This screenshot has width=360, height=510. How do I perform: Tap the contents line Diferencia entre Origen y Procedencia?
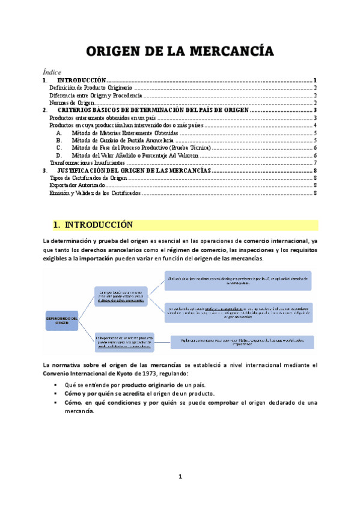point(95,96)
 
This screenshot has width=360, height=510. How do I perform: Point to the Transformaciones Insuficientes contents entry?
point(87,163)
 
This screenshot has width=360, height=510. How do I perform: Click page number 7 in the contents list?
point(315,163)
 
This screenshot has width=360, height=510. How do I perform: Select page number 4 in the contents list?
point(315,126)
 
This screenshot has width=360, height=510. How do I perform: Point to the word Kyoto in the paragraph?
point(110,373)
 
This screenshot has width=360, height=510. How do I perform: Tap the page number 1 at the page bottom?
point(180,478)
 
